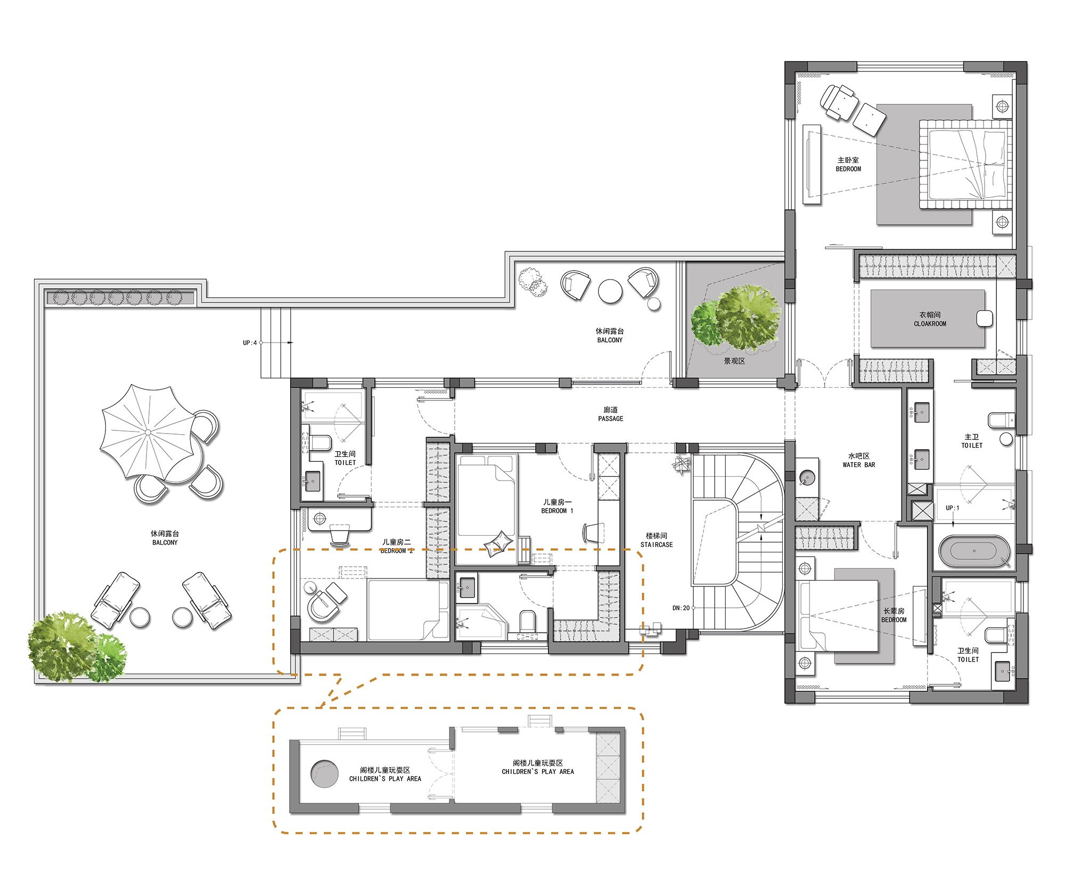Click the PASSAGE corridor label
click(x=610, y=419)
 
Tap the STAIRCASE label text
click(x=657, y=544)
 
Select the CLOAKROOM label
click(x=930, y=323)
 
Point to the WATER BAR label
click(x=858, y=464)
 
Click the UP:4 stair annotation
click(x=250, y=342)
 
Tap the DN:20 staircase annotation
click(x=681, y=608)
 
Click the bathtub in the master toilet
click(x=974, y=551)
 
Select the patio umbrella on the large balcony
click(x=148, y=431)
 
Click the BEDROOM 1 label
click(x=557, y=511)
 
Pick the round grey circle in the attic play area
click(x=324, y=774)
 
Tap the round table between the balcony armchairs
click(x=610, y=291)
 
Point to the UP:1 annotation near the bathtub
click(x=952, y=508)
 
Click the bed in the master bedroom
click(x=965, y=165)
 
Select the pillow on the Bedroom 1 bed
click(x=498, y=543)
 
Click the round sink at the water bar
click(x=807, y=477)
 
